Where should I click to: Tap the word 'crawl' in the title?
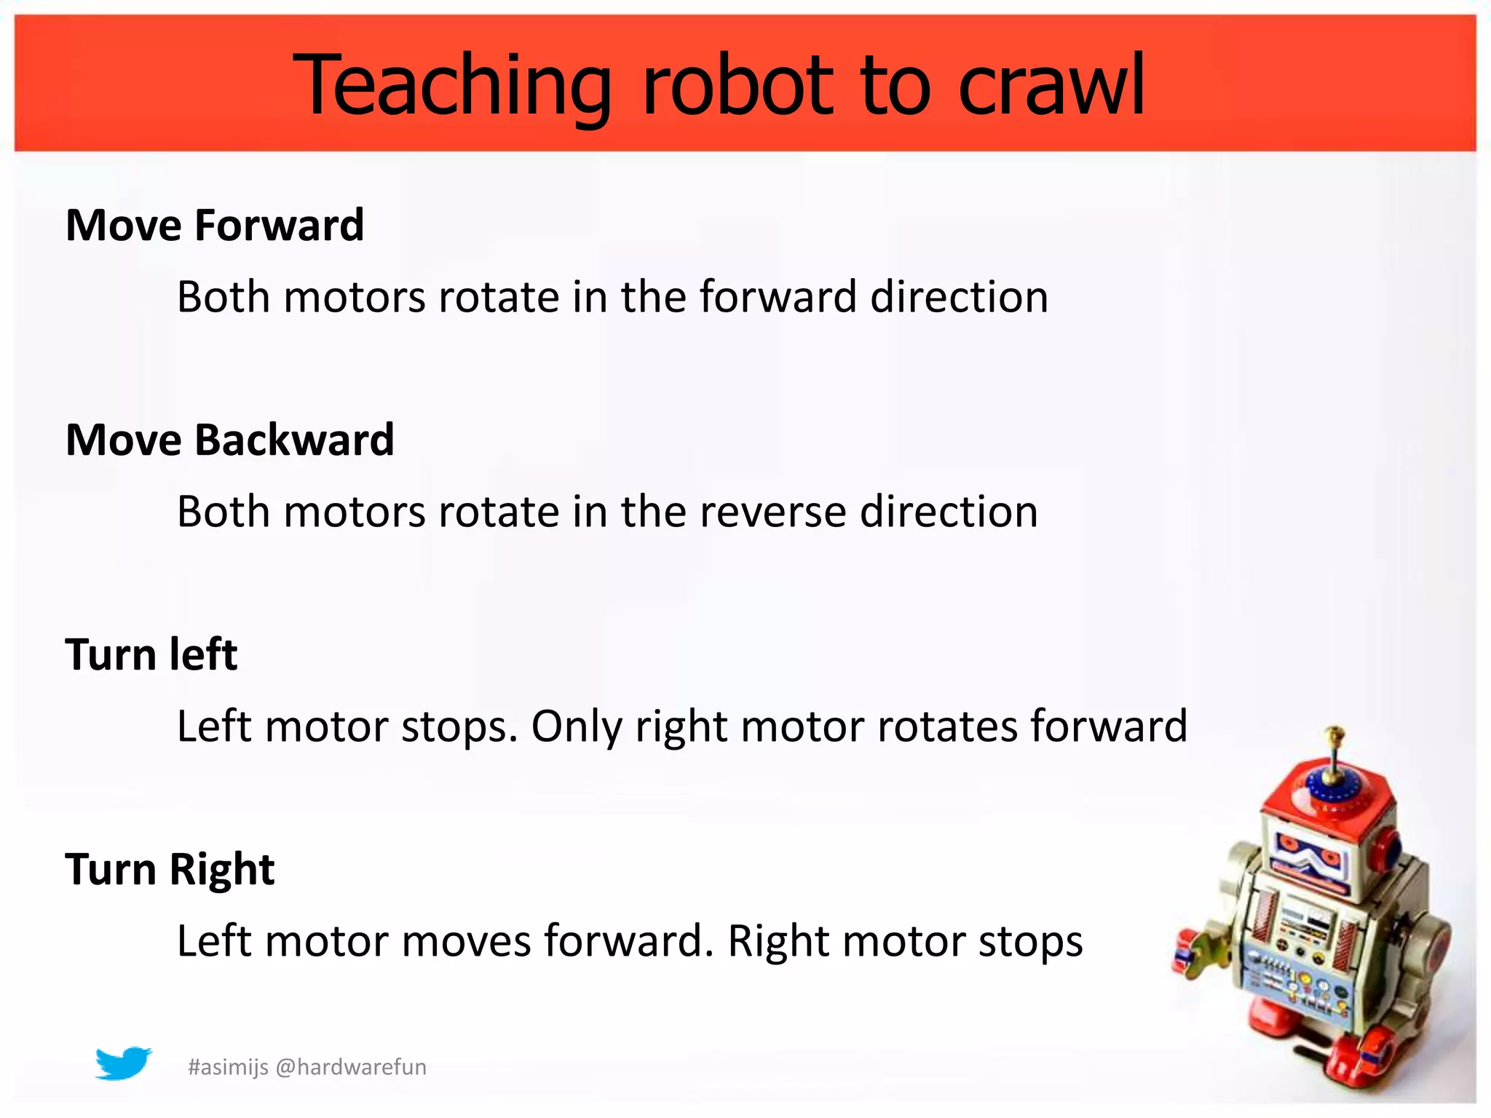tap(1051, 86)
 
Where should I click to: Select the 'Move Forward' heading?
tap(215, 225)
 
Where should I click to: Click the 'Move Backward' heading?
tap(230, 440)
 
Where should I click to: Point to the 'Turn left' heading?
tap(151, 654)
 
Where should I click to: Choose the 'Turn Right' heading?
tap(170, 868)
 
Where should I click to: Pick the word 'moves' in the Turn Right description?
tap(466, 941)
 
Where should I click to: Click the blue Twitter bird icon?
tap(123, 1064)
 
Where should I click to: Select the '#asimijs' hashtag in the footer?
tap(229, 1067)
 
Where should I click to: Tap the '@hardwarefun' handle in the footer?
tap(352, 1067)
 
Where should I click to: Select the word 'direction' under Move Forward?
tap(959, 297)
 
